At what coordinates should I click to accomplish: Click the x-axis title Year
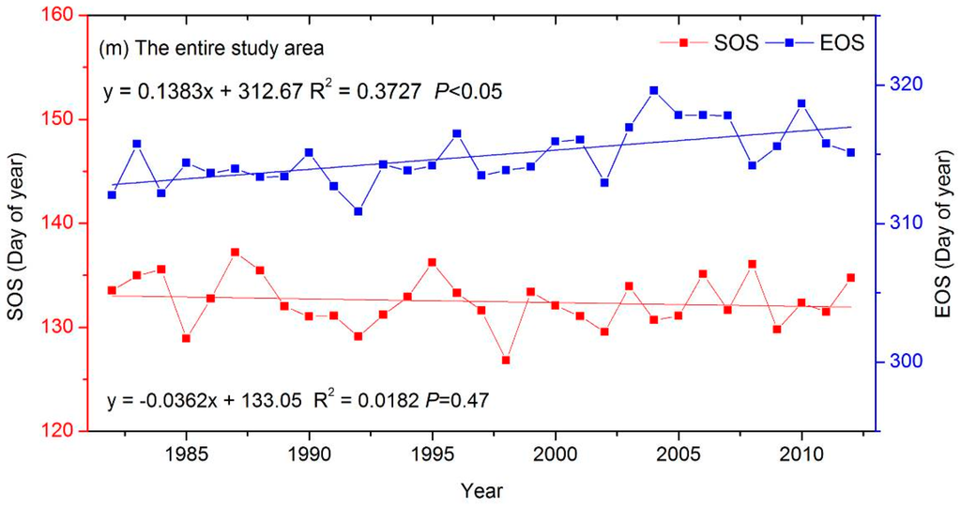click(x=480, y=488)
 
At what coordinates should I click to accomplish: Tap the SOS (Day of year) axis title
click(x=17, y=223)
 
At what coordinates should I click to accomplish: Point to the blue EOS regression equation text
click(x=301, y=91)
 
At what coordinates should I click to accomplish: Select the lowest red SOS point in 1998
click(x=506, y=361)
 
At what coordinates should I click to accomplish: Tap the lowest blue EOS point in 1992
click(x=358, y=211)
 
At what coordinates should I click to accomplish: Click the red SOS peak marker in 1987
click(x=235, y=252)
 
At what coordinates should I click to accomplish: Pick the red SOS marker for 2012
click(x=851, y=278)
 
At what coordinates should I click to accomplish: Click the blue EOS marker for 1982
click(x=112, y=194)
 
